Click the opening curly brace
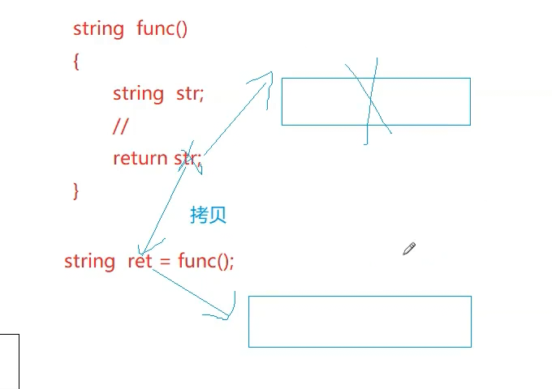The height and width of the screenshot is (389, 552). pyautogui.click(x=76, y=62)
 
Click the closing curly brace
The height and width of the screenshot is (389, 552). pyautogui.click(x=76, y=190)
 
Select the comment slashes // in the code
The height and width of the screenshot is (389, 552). pyautogui.click(x=121, y=126)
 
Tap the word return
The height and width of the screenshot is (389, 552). pyautogui.click(x=140, y=158)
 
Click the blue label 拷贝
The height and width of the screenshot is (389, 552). pyautogui.click(x=208, y=215)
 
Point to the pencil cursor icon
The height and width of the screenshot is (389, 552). pyautogui.click(x=409, y=249)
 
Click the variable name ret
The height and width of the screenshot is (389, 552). pyautogui.click(x=140, y=261)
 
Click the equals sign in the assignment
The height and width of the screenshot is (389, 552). pyautogui.click(x=165, y=261)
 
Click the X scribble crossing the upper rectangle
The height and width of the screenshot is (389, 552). pyautogui.click(x=369, y=101)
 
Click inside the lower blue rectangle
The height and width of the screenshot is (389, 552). pyautogui.click(x=360, y=322)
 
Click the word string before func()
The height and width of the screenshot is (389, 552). pyautogui.click(x=98, y=29)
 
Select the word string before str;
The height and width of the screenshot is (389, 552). pyautogui.click(x=138, y=94)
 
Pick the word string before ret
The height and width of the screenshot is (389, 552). pyautogui.click(x=89, y=261)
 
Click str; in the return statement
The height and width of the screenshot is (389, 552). pyautogui.click(x=188, y=158)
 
